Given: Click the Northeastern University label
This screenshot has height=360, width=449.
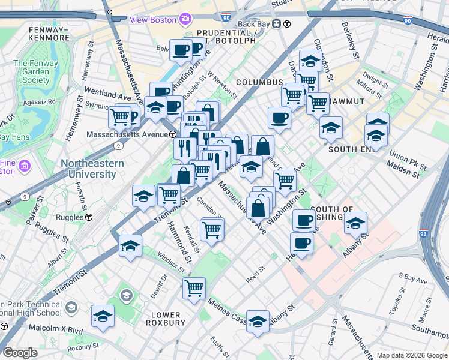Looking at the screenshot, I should [91, 169].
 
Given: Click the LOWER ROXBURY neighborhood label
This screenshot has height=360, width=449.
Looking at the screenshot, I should [166, 319].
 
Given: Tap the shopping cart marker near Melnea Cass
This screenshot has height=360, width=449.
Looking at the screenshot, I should [194, 288].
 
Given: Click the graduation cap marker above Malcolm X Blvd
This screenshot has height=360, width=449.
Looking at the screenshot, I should [103, 316].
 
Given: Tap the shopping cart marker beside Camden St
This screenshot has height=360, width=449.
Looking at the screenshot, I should [212, 229].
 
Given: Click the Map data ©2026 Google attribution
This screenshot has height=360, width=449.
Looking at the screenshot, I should [411, 355].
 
